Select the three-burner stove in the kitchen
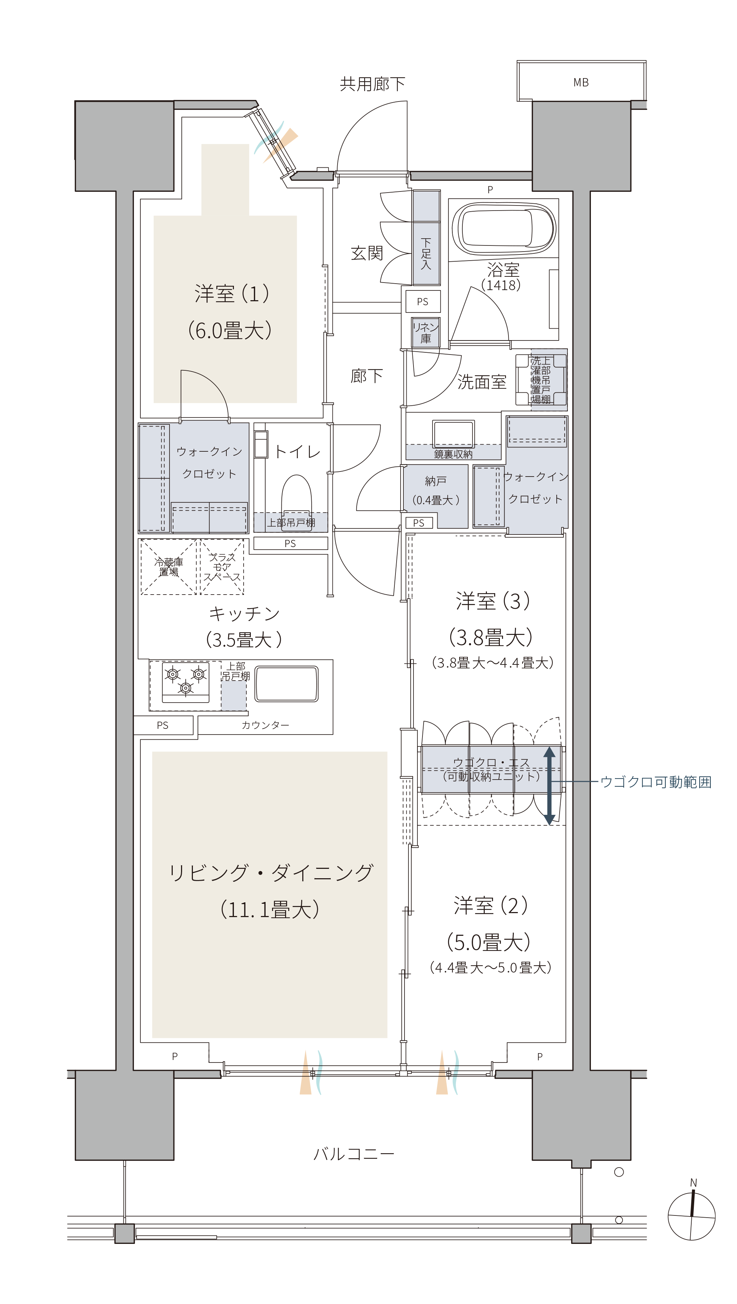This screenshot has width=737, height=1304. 185,682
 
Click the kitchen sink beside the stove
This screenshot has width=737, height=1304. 286,683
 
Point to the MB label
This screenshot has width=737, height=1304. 581,82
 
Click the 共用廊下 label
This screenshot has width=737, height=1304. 372,84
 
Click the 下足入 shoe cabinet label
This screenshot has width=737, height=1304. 426,253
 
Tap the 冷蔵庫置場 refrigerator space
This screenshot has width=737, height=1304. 168,567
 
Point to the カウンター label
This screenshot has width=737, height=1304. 265,725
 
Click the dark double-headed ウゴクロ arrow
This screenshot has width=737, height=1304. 549,785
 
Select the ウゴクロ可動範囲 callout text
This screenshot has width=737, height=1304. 656,782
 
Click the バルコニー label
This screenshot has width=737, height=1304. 354,1154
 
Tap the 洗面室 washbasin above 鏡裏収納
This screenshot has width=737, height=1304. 453,434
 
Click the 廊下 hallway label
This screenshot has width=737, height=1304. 366,376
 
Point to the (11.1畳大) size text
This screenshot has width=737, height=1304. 270,909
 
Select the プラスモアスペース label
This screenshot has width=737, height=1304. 222,567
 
